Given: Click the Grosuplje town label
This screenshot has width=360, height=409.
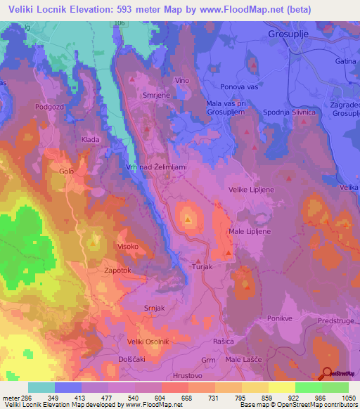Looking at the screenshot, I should [x=288, y=34].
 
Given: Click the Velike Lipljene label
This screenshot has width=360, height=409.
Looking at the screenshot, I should [x=252, y=189].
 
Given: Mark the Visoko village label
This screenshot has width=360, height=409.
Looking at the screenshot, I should [x=127, y=247].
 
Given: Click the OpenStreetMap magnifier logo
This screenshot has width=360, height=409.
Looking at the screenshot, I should [x=326, y=373].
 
